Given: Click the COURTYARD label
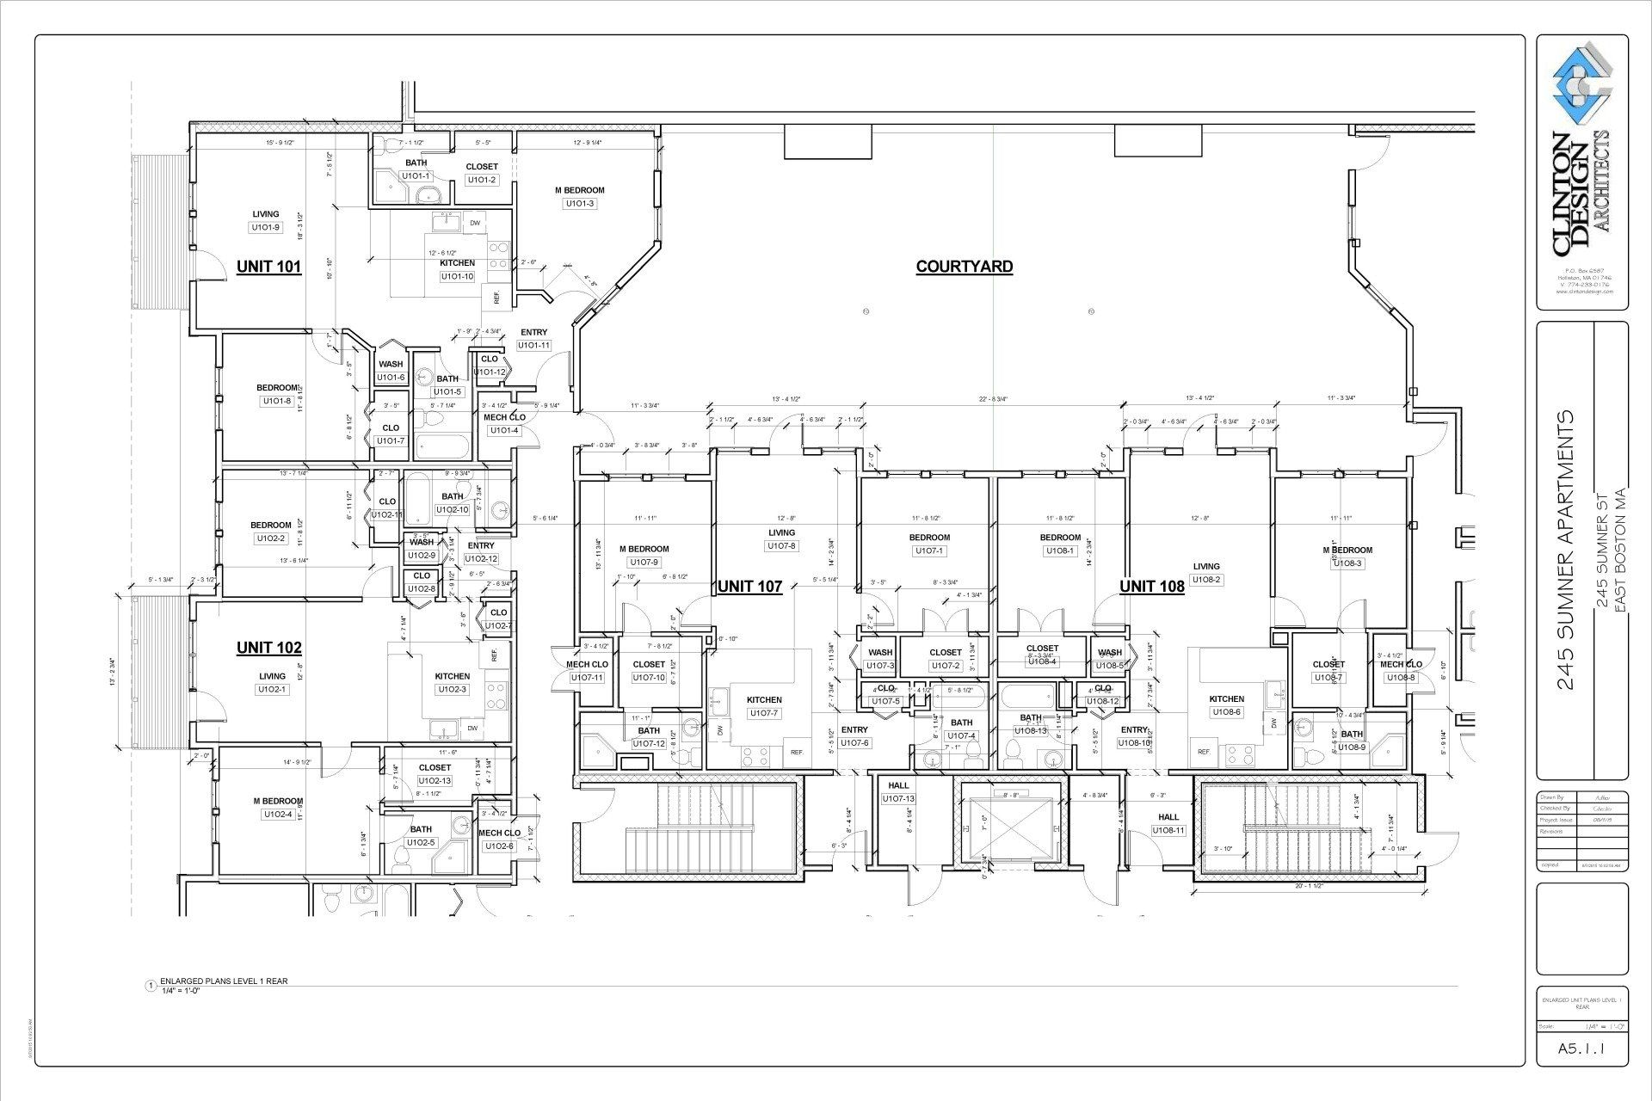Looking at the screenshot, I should [964, 267].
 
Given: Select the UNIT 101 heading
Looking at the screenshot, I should [268, 267].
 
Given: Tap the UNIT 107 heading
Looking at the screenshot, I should [749, 587].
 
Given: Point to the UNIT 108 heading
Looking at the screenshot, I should [1151, 587].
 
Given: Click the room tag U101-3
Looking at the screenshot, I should [579, 204].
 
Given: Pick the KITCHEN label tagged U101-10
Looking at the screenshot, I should [457, 263].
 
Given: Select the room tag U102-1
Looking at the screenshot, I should [272, 690].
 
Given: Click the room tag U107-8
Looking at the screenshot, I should [781, 546].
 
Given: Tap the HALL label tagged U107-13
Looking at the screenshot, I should [898, 785].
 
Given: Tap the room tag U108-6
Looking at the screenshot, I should [1226, 712].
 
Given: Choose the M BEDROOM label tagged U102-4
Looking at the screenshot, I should [278, 801].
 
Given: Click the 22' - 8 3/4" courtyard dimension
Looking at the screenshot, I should [993, 399].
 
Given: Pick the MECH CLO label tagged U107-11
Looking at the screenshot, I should [587, 664].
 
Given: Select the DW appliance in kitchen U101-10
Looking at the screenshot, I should [474, 224].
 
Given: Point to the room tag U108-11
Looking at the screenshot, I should [1168, 831].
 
